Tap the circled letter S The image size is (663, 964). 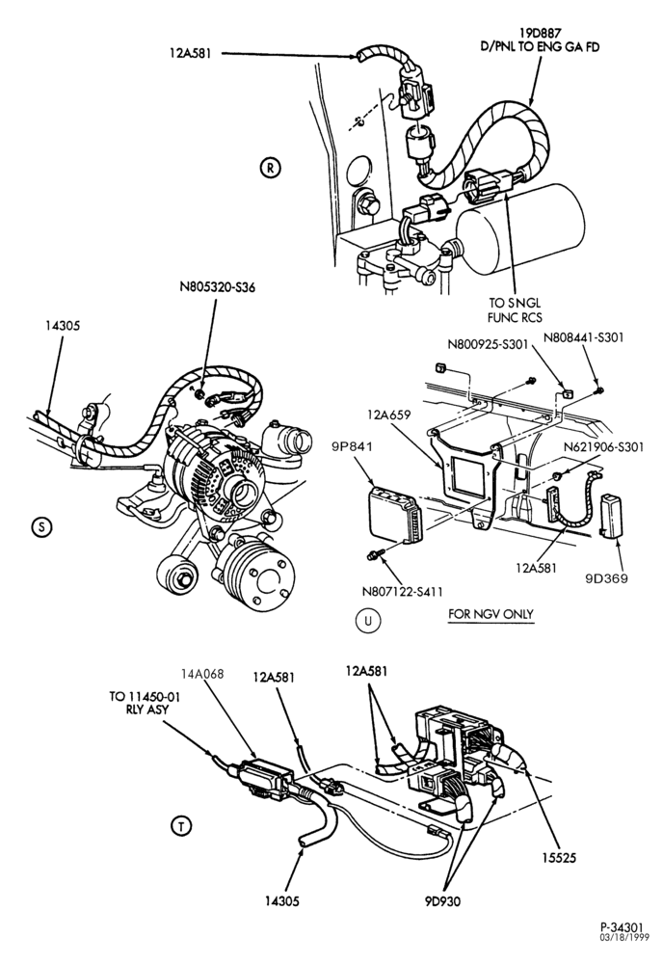pyautogui.click(x=41, y=527)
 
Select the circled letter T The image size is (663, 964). pyautogui.click(x=181, y=826)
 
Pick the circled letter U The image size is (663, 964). pyautogui.click(x=368, y=621)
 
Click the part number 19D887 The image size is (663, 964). pyautogui.click(x=541, y=32)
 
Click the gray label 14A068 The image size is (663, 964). pyautogui.click(x=203, y=674)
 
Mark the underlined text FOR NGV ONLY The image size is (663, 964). pyautogui.click(x=491, y=613)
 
